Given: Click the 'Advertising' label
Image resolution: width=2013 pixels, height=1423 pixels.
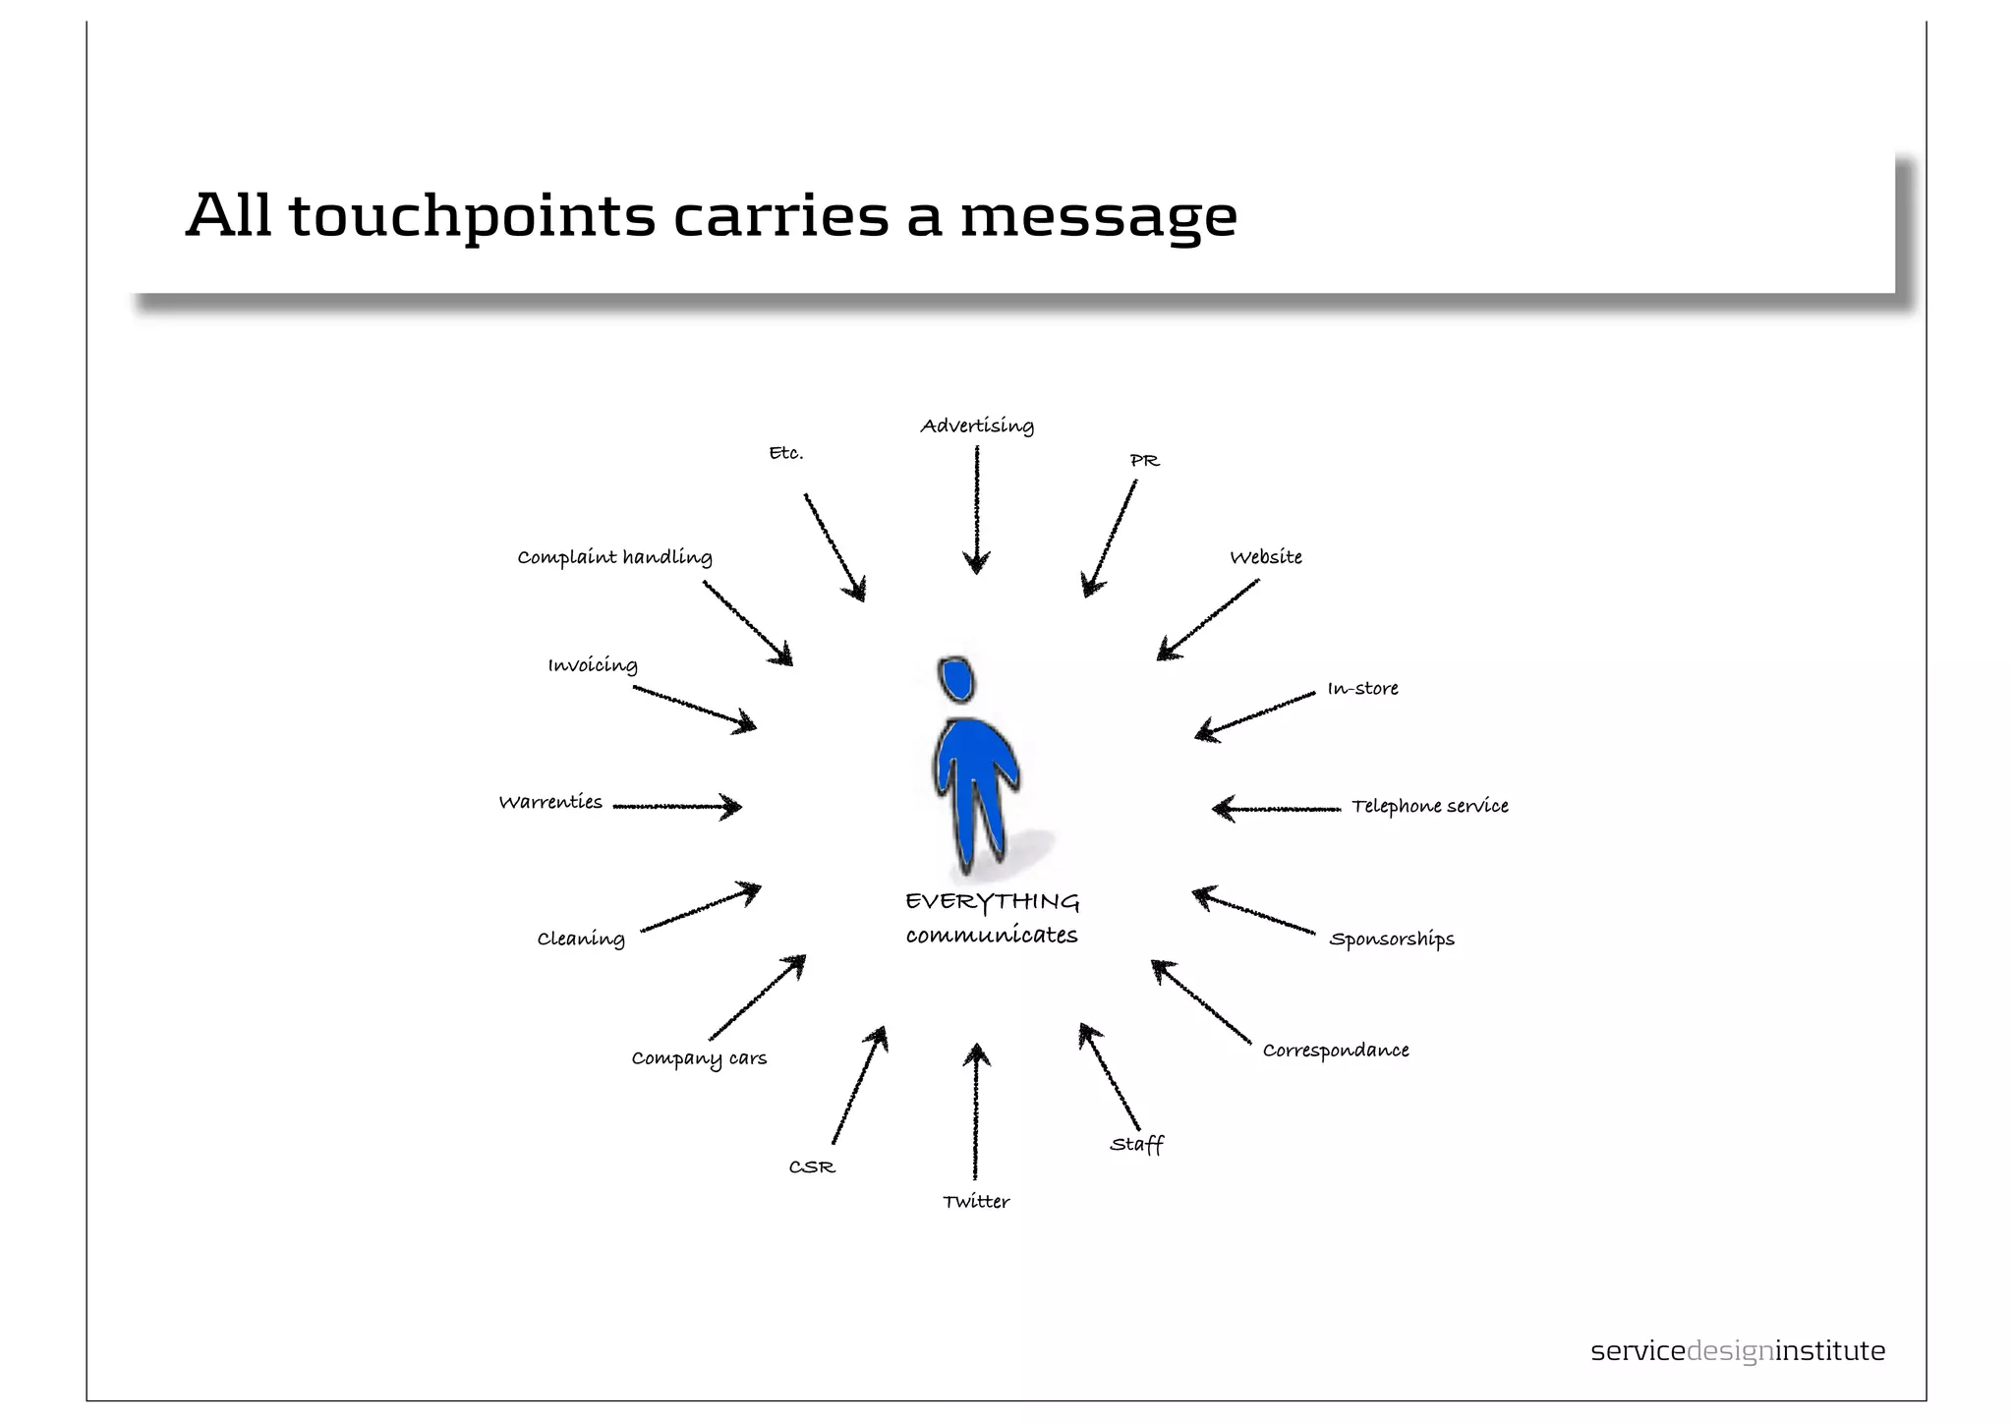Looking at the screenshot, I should (x=977, y=427).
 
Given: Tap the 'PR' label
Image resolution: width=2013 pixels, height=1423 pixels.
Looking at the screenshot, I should (x=1144, y=461).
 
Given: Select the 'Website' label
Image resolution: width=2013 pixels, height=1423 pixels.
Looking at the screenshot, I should (x=1266, y=557).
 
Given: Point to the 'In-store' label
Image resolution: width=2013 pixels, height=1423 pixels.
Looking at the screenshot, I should (x=1362, y=689).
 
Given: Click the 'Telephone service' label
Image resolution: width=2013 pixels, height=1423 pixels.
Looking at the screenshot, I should (x=1429, y=807).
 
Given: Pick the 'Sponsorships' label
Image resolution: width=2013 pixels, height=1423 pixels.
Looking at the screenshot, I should (x=1391, y=939).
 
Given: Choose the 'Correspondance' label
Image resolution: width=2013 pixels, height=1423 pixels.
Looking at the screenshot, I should (x=1335, y=1051).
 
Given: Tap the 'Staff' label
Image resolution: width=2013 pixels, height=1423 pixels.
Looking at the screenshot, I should (x=1136, y=1145).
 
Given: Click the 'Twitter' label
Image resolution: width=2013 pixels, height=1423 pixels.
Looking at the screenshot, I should (x=976, y=1202).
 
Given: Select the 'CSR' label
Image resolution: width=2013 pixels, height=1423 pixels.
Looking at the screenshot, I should (x=812, y=1167).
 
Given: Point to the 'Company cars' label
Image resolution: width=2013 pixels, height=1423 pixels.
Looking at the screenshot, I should (x=699, y=1058).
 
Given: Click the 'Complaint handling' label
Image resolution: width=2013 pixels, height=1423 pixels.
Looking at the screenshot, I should (x=614, y=557).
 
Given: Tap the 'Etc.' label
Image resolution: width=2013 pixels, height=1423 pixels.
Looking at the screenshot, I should (x=786, y=453).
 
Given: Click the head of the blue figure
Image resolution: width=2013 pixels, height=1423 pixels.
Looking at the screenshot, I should (x=955, y=679).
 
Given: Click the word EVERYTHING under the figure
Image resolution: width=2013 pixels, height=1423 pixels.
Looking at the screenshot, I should (x=992, y=902).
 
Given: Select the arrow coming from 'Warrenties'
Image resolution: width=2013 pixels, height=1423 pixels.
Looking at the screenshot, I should (x=677, y=807).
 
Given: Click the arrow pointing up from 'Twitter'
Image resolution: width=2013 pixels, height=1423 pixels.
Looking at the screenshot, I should (x=976, y=1110).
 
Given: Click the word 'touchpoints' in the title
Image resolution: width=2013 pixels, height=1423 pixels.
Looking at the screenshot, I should (x=472, y=216).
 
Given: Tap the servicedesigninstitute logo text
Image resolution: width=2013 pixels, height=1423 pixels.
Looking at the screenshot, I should (x=1737, y=1351).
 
